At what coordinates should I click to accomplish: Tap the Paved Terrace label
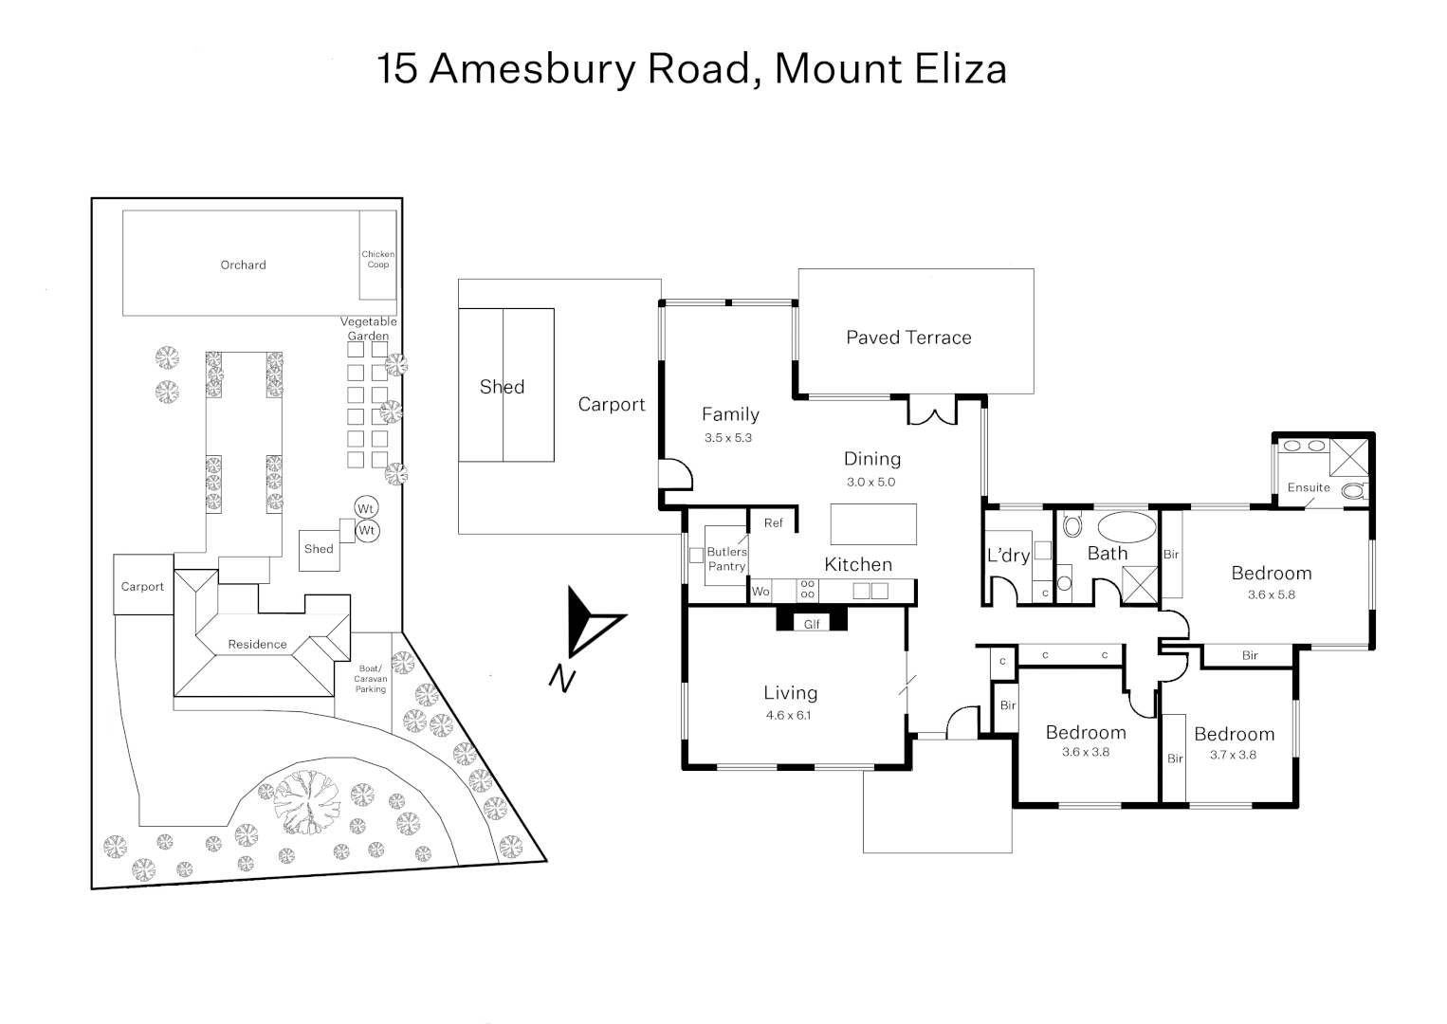(x=908, y=338)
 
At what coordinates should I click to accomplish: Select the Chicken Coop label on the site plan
(x=378, y=259)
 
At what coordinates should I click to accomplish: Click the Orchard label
(x=243, y=265)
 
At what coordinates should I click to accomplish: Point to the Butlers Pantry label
(x=726, y=558)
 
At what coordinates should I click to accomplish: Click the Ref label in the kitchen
(x=774, y=522)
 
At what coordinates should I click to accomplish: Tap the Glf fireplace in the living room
(x=812, y=624)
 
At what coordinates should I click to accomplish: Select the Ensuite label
(x=1309, y=487)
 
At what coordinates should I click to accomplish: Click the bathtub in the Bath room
(x=1126, y=526)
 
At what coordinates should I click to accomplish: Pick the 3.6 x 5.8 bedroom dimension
(x=1272, y=594)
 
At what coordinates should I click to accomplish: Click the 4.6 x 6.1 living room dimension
(x=789, y=715)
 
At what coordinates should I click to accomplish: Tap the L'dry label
(x=1008, y=556)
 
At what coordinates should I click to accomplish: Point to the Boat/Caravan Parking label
(x=371, y=679)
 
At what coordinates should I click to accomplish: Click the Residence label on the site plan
(x=257, y=645)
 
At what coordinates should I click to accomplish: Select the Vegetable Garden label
(x=369, y=329)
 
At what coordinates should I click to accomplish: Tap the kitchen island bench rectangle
(x=873, y=523)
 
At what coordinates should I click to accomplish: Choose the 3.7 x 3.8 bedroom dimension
(x=1233, y=755)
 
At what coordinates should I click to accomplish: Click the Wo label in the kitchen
(x=760, y=592)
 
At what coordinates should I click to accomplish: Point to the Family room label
(x=730, y=414)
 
